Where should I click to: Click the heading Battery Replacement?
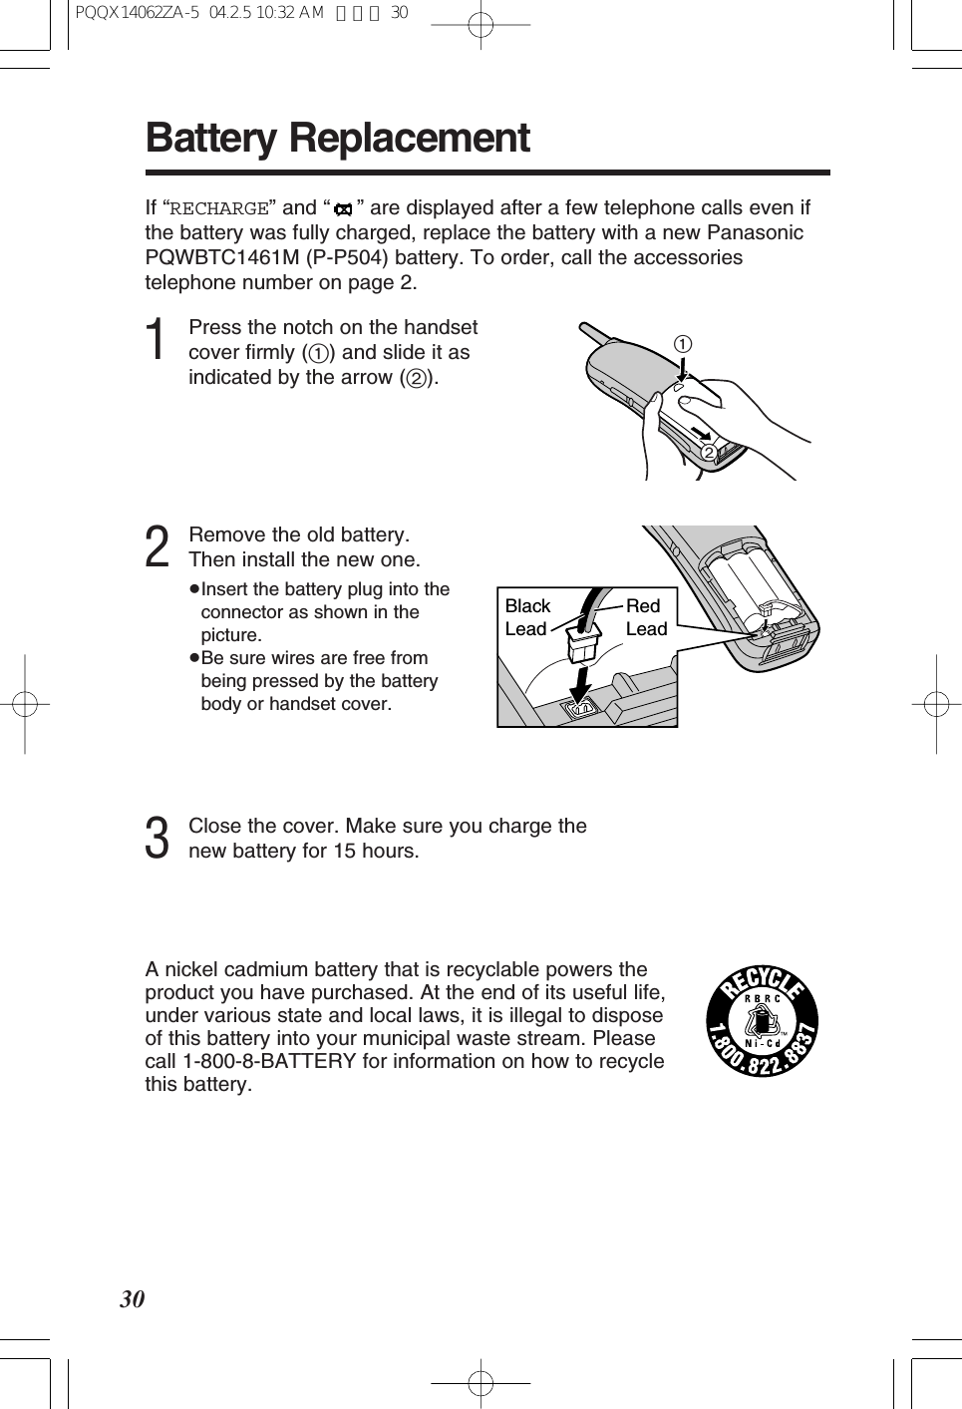click(337, 139)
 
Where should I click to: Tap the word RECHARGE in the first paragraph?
click(219, 209)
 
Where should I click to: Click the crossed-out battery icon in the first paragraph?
click(344, 210)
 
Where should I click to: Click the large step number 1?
click(156, 341)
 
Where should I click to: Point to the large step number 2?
click(157, 548)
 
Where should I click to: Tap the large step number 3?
click(157, 839)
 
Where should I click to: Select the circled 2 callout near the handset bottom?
click(708, 454)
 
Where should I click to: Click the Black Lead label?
click(527, 617)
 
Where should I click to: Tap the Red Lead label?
click(645, 617)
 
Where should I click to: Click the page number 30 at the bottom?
click(133, 1299)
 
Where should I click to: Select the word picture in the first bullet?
click(231, 635)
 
